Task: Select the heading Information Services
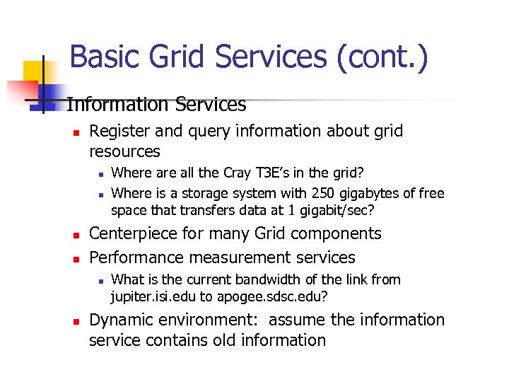coord(156,105)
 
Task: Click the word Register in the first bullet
coord(118,131)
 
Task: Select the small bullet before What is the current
coord(100,280)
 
